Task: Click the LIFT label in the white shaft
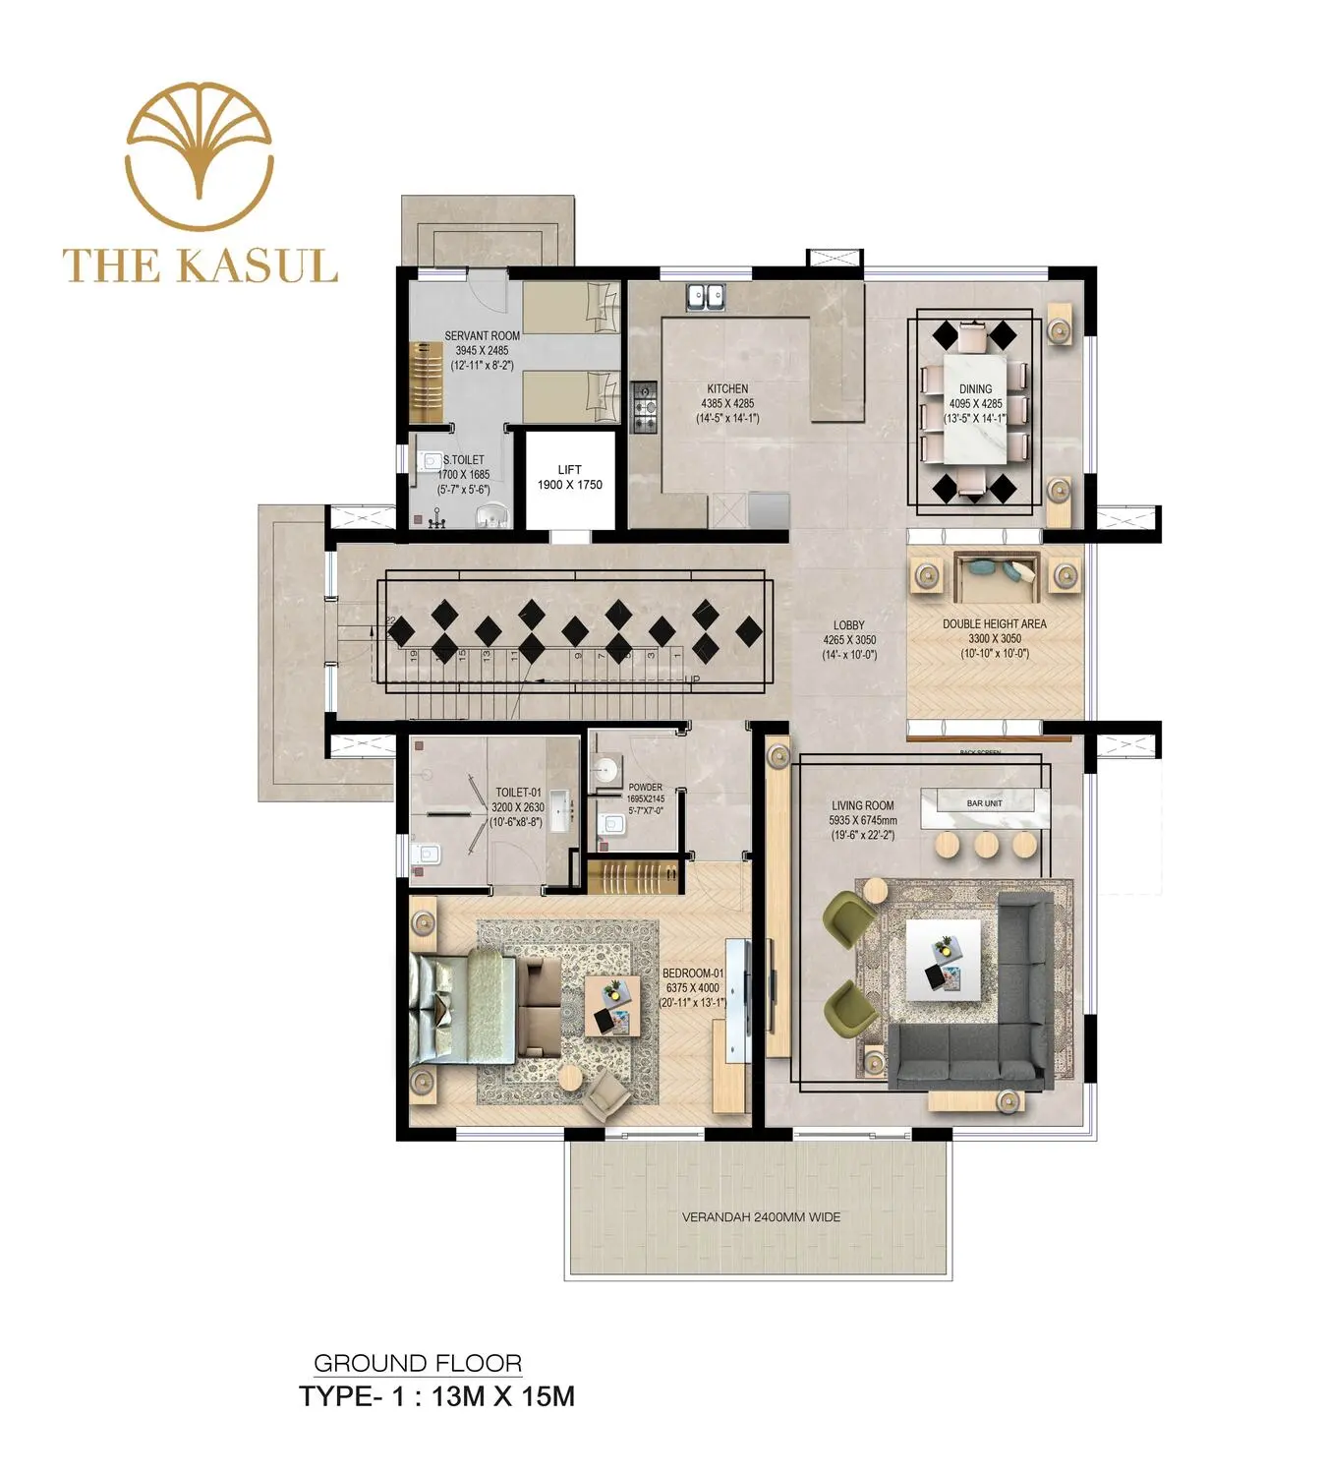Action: (569, 470)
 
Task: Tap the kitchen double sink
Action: (706, 296)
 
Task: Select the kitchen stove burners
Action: (644, 407)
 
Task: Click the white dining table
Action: (975, 407)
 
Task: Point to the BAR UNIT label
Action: (984, 803)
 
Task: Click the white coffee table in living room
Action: (943, 960)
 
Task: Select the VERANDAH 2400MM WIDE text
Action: (761, 1217)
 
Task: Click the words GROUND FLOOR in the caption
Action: (418, 1364)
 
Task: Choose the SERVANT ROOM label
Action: (482, 336)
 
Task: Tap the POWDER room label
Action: (645, 788)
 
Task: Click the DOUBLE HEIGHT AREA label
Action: (994, 624)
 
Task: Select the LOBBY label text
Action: (849, 625)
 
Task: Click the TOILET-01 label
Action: (518, 793)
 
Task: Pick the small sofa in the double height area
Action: (997, 576)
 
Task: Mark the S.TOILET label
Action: (463, 460)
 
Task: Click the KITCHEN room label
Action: (727, 389)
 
